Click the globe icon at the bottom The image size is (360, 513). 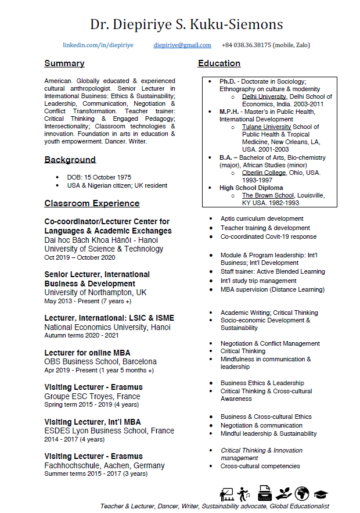(x=302, y=494)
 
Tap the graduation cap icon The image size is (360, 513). (x=321, y=494)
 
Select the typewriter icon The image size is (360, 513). (x=265, y=493)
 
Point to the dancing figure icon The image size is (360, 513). (x=244, y=494)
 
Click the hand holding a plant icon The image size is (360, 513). (x=283, y=494)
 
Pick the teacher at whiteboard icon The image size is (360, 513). (x=226, y=494)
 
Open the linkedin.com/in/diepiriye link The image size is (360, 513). (x=98, y=45)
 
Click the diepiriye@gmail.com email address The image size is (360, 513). (x=182, y=45)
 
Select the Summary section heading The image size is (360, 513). (x=64, y=63)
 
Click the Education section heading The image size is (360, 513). (x=219, y=63)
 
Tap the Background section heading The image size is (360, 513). (x=70, y=160)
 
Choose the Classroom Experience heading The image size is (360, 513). (x=92, y=203)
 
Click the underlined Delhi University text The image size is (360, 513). (x=264, y=97)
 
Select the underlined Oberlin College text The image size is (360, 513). (x=264, y=173)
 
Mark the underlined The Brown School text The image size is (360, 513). (x=268, y=195)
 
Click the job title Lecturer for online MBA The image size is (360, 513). (x=87, y=353)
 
